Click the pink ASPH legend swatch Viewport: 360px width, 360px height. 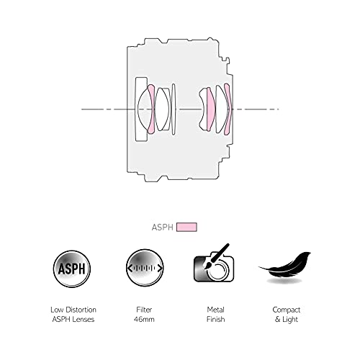[x=186, y=227]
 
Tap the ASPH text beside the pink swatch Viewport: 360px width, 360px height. [x=162, y=228]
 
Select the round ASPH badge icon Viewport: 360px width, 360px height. [x=72, y=269]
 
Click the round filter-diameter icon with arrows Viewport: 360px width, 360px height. [x=145, y=268]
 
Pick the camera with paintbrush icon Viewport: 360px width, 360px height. [x=214, y=264]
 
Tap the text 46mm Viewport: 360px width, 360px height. [x=144, y=320]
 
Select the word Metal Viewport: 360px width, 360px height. [x=215, y=310]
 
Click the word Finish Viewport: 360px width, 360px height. [x=215, y=320]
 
